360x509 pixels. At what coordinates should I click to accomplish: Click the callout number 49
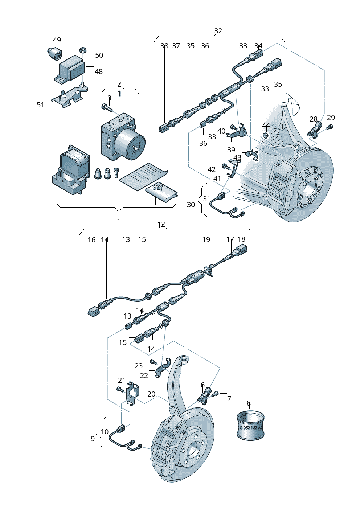pos(57,40)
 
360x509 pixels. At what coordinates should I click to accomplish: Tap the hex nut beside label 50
pos(82,50)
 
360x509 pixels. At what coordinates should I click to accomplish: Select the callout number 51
pos(40,105)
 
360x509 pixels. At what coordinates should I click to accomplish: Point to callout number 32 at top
pos(218,31)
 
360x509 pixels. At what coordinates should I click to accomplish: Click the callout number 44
pos(266,126)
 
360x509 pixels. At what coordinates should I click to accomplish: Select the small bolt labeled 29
pos(330,127)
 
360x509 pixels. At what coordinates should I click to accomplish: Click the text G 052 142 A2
pos(250,428)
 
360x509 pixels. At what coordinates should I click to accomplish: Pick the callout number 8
pos(249,403)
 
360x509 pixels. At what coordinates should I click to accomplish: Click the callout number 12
pos(161,225)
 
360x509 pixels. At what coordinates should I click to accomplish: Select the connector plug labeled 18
pos(242,250)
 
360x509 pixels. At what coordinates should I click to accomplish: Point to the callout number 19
pos(206,239)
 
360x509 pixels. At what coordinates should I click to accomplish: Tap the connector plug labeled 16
pos(93,311)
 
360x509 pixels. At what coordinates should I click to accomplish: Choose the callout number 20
pos(151,394)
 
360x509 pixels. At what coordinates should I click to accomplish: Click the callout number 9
pos(93,439)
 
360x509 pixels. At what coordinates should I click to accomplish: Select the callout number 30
pos(191,205)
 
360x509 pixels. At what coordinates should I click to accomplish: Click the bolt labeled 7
pos(215,393)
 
